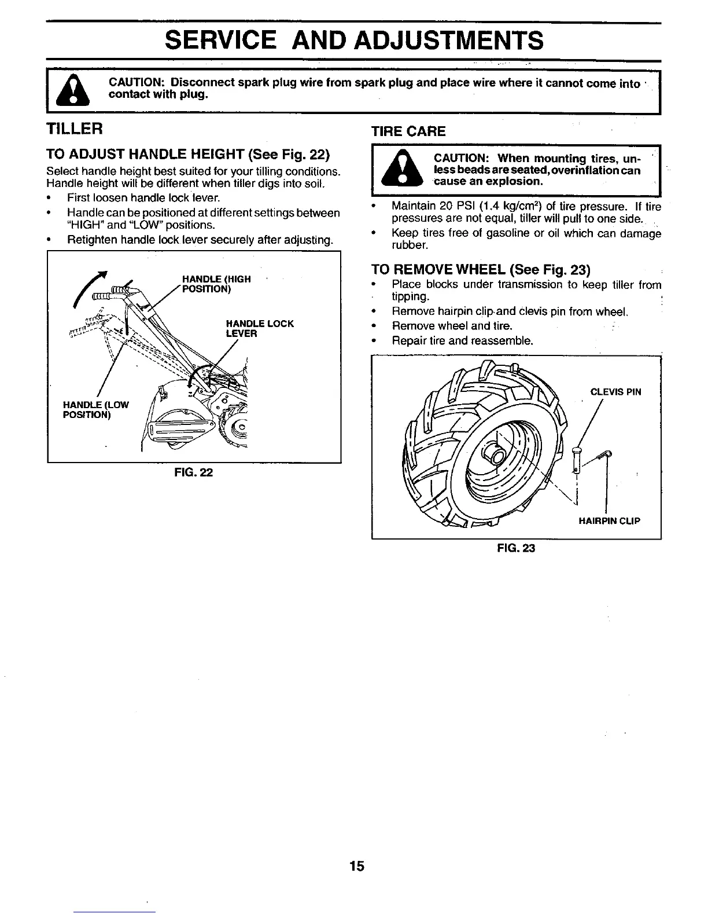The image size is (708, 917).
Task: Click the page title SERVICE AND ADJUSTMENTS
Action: (x=354, y=41)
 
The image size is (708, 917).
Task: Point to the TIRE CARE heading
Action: (x=408, y=131)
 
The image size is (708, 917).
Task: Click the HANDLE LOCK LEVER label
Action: (x=260, y=328)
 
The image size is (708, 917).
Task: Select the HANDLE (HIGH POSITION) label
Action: (x=216, y=284)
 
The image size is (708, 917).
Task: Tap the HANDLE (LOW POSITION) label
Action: (x=95, y=409)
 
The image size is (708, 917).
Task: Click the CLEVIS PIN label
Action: (x=615, y=392)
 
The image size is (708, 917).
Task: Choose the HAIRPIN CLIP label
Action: (x=609, y=520)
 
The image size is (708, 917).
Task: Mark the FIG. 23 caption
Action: (x=516, y=548)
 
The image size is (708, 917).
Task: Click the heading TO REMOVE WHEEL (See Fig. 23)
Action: (x=480, y=270)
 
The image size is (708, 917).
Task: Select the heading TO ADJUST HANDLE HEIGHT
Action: (x=187, y=155)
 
